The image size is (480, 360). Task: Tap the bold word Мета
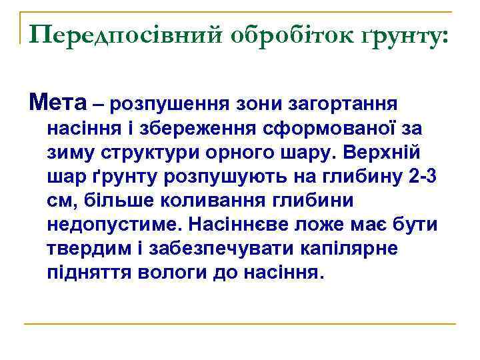point(58,103)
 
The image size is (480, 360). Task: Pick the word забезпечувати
point(212,249)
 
